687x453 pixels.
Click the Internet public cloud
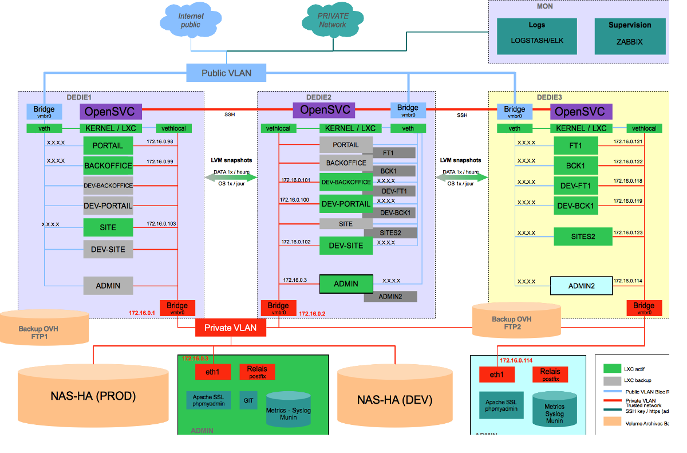[190, 22]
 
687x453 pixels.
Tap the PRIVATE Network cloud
[332, 22]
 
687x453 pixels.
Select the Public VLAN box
[227, 73]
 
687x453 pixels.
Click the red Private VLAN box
[231, 328]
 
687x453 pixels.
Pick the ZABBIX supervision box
[629, 36]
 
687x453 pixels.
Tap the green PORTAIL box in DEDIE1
[108, 145]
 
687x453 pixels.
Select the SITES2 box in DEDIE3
[583, 236]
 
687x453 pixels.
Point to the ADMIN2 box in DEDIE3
[581, 286]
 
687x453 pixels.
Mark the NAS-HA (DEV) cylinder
[394, 399]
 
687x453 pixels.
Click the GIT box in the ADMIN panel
[248, 400]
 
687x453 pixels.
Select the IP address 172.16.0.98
[160, 141]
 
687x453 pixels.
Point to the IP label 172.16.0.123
[627, 233]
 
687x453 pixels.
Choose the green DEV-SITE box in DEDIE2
[346, 246]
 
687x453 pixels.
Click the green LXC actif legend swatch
[612, 368]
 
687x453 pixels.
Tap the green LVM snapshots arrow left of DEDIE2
[231, 178]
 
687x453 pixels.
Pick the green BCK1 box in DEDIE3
[575, 166]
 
